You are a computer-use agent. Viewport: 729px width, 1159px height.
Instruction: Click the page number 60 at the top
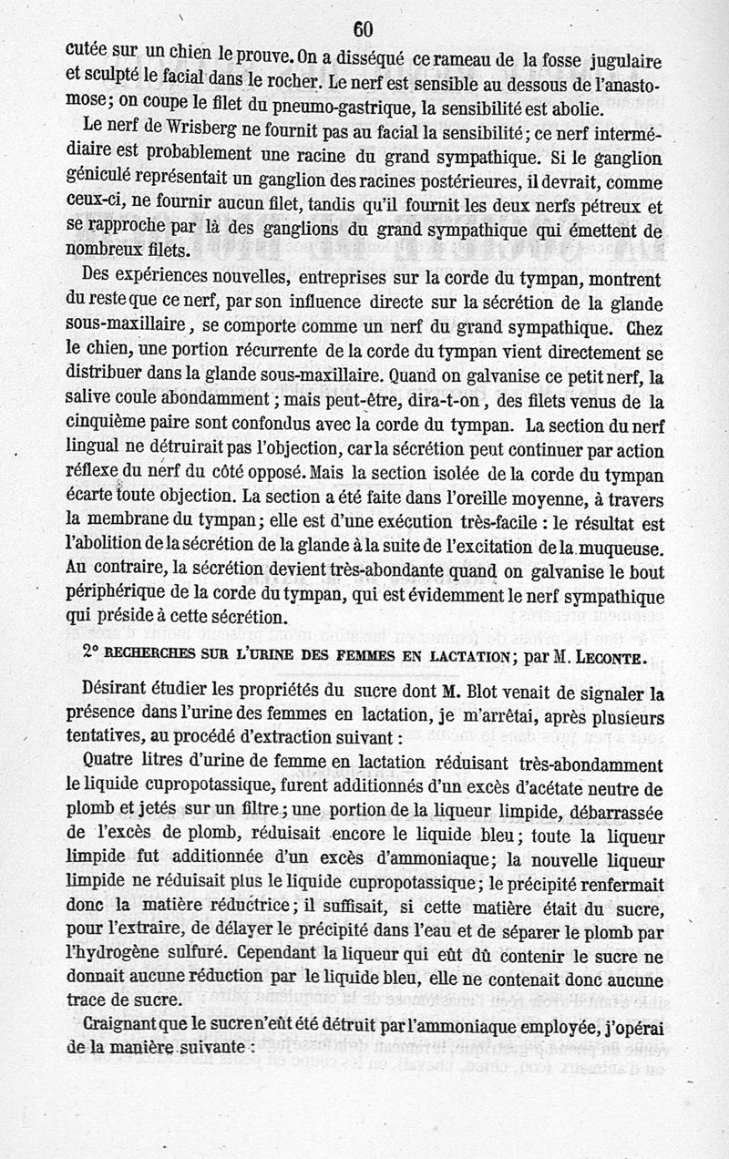click(x=362, y=29)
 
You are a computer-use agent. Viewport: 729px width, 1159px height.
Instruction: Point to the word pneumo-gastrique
click(x=349, y=108)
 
